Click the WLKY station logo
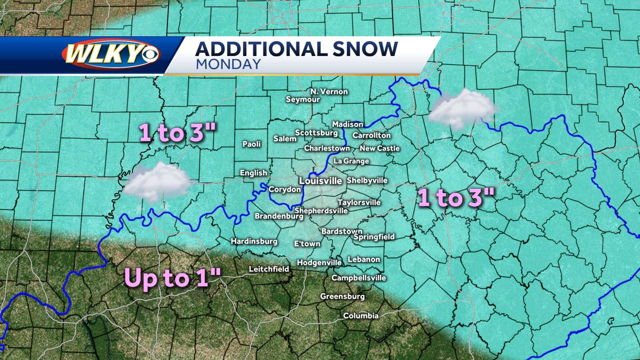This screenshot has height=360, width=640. [111, 54]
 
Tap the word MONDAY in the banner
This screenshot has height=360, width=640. [228, 64]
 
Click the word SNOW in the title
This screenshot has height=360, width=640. [365, 49]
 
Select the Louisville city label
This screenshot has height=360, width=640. [320, 181]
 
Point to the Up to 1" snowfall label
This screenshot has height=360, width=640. [172, 278]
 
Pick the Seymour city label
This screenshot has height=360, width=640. [303, 99]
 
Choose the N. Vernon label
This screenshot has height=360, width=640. [329, 92]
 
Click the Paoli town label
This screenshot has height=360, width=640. [252, 144]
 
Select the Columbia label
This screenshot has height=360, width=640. [361, 316]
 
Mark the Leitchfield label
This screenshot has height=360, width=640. [269, 269]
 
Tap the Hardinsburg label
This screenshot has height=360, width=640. [254, 241]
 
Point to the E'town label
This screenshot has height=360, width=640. [307, 244]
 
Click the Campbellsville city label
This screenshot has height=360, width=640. [359, 278]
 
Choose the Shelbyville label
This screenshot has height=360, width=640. [367, 180]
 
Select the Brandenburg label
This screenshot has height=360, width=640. [279, 216]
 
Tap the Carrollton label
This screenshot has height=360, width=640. [371, 135]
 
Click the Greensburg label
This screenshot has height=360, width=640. [342, 296]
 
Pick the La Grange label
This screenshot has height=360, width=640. [351, 161]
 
